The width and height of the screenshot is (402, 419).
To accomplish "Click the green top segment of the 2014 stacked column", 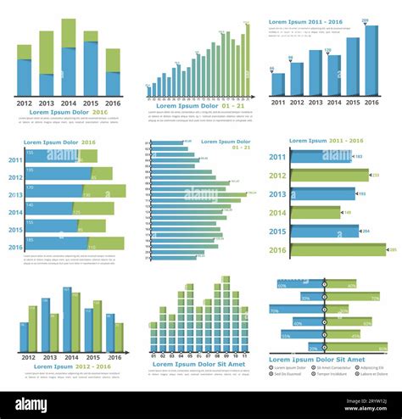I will [69, 33].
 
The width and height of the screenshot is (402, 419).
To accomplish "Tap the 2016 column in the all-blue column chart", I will [371, 60].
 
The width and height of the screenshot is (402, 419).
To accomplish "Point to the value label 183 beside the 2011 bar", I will [359, 157].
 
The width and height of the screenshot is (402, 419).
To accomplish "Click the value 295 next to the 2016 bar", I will [392, 250].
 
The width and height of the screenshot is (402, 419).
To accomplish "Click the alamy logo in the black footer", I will [31, 405].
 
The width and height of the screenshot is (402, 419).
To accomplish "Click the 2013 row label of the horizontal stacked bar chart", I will [15, 195].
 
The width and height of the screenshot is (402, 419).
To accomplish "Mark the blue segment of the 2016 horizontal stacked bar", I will [55, 243].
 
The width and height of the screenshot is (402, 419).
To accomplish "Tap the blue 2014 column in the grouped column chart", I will [67, 320].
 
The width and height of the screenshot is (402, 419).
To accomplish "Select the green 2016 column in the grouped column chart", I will [119, 337].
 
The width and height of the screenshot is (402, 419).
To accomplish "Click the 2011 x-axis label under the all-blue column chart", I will [278, 103].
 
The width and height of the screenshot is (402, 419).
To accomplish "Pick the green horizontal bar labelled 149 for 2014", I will [315, 213].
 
